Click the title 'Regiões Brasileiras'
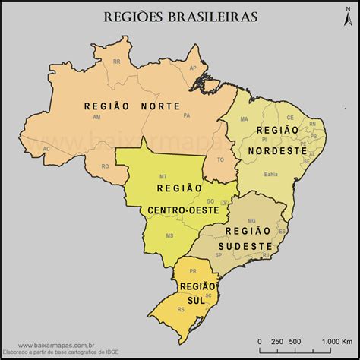coord(179,16)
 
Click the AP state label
coord(193,68)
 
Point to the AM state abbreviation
coord(96,118)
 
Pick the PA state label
coord(186,115)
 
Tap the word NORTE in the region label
coord(161,107)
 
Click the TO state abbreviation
coord(221,159)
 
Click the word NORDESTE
coord(277,150)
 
